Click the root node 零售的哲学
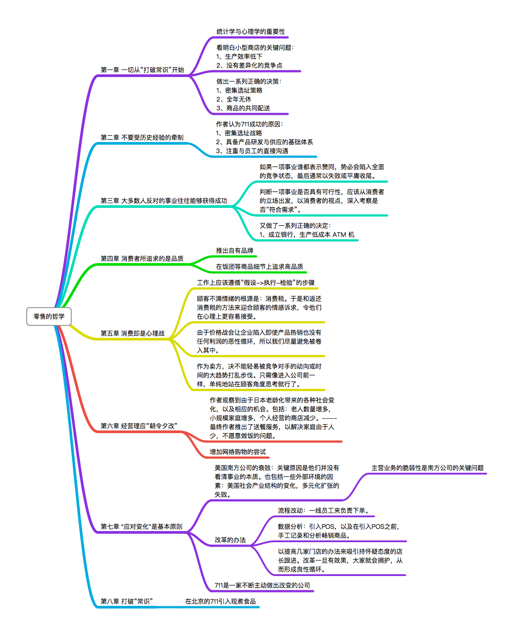pyautogui.click(x=49, y=316)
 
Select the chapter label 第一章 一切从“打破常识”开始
pyautogui.click(x=142, y=70)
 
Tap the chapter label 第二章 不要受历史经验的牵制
pyautogui.click(x=142, y=138)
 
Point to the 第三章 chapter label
pyautogui.click(x=163, y=201)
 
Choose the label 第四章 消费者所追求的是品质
pyautogui.click(x=142, y=259)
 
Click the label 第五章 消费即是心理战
pyautogui.click(x=132, y=333)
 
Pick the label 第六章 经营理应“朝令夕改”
pyautogui.click(x=138, y=426)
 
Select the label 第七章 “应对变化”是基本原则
pyautogui.click(x=141, y=527)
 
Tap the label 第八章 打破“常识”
pyautogui.click(x=126, y=601)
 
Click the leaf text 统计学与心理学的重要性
pyautogui.click(x=251, y=32)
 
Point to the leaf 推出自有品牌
pyautogui.click(x=235, y=251)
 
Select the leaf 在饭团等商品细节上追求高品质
pyautogui.click(x=260, y=267)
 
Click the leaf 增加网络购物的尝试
pyautogui.click(x=238, y=452)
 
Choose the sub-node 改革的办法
pyautogui.click(x=230, y=540)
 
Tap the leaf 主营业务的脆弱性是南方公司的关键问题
pyautogui.click(x=427, y=468)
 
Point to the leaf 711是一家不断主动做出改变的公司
pyautogui.click(x=262, y=585)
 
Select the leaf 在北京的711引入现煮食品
pyautogui.click(x=220, y=601)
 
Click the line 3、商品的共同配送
pyautogui.click(x=243, y=108)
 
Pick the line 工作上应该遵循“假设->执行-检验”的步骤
pyautogui.click(x=256, y=283)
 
